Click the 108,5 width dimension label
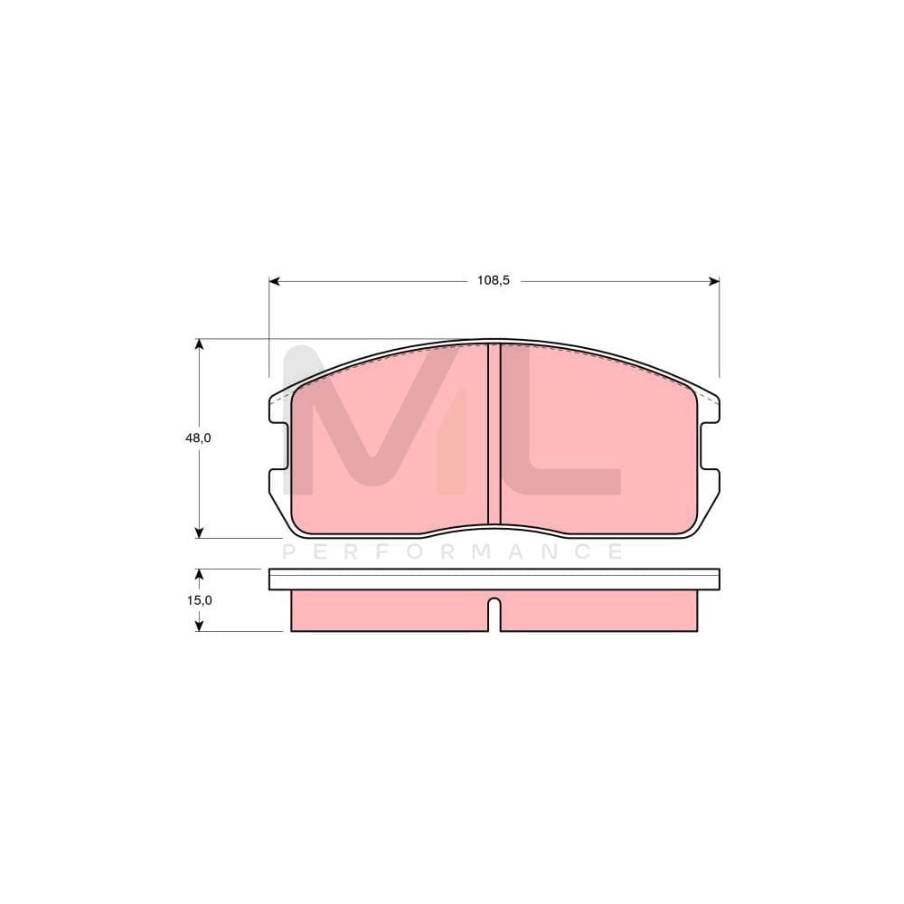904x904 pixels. [x=494, y=280]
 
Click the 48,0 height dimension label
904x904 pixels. [x=199, y=438]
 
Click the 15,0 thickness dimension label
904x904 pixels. [x=199, y=599]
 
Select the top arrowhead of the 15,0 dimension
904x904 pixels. [x=199, y=574]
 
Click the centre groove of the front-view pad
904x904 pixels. [x=494, y=434]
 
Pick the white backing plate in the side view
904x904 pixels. [x=494, y=579]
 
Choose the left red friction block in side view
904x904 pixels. [x=389, y=611]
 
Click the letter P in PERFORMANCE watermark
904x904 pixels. [x=290, y=551]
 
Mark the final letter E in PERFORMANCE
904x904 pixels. [x=614, y=551]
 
